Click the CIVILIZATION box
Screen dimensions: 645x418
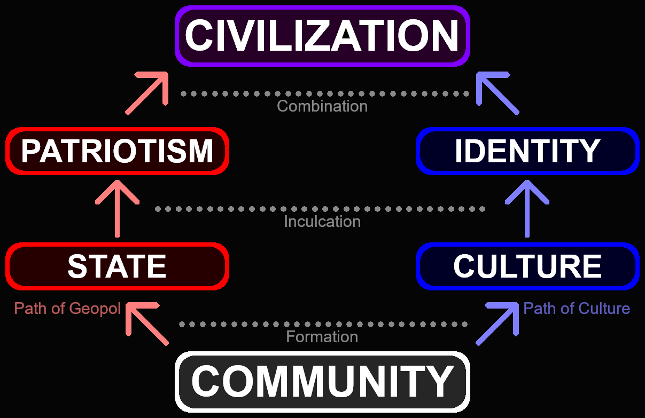322,36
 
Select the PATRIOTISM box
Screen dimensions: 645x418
118,151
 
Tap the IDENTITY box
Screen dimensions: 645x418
527,151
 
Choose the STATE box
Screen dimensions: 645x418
118,266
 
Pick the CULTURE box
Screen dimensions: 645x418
527,266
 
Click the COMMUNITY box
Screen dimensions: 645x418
322,381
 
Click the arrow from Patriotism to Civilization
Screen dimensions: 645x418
147,93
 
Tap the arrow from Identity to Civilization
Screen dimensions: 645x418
498,93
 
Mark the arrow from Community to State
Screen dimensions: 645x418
147,324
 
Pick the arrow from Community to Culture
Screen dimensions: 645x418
498,324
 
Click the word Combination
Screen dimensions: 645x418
322,106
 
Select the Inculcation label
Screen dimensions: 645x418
322,222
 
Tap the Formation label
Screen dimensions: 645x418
322,337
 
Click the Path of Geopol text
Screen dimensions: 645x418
67,309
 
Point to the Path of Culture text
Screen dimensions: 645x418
577,309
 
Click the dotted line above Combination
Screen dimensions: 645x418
322,93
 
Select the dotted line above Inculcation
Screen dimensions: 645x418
321,209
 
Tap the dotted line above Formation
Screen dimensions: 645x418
322,324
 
